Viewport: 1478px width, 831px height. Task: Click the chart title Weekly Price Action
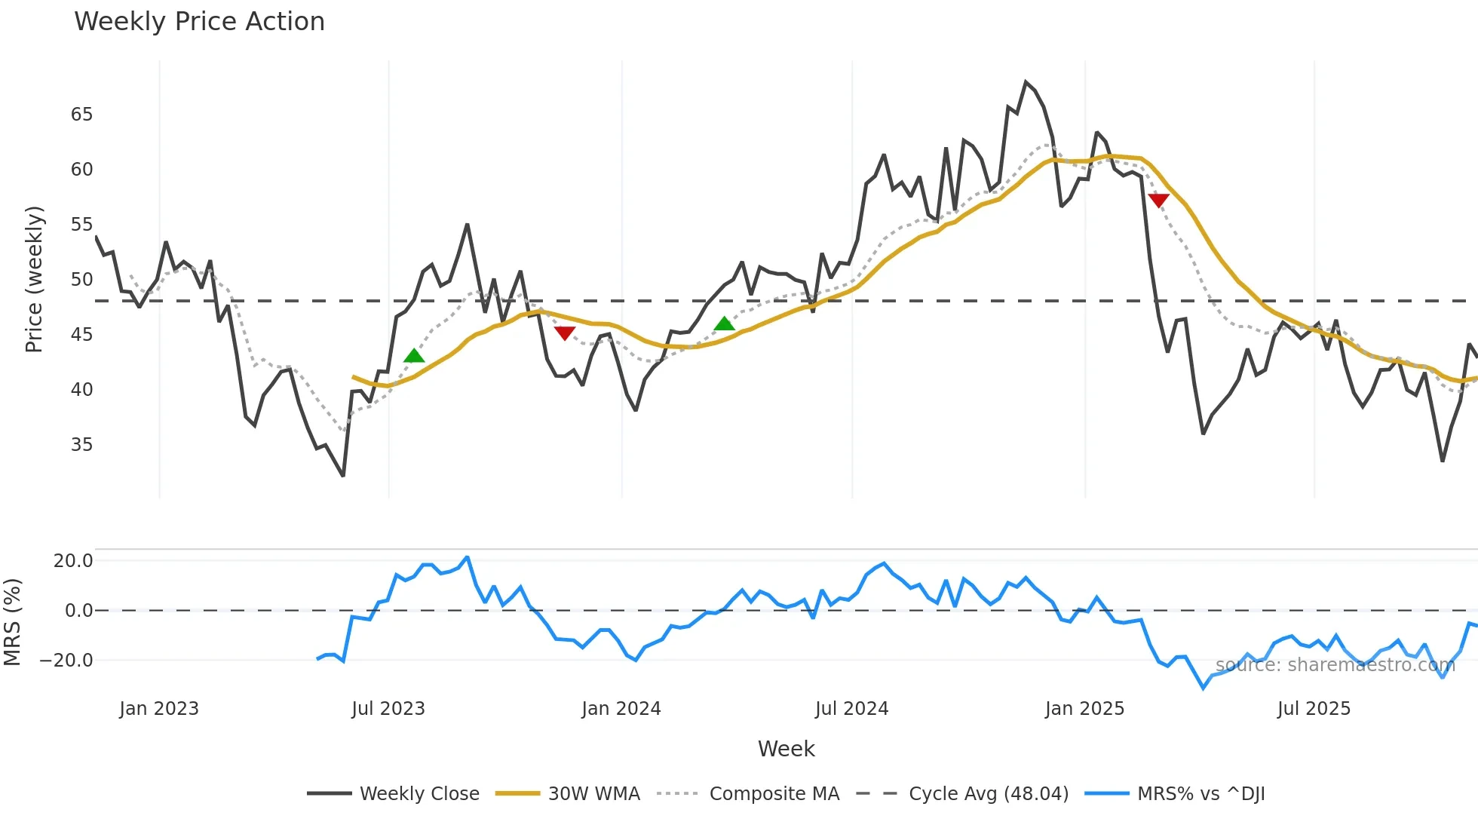[x=199, y=22]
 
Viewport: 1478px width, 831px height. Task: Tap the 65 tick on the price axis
[x=81, y=115]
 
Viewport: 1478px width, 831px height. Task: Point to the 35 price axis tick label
[x=81, y=445]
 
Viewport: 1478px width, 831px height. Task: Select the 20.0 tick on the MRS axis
[x=73, y=561]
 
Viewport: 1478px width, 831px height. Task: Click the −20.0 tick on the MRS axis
[x=66, y=661]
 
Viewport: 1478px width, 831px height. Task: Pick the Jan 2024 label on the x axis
[x=621, y=709]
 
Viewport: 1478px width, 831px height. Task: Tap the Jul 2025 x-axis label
[x=1314, y=709]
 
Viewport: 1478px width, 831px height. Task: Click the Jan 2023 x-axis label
[x=159, y=709]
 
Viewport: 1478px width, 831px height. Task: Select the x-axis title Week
[x=786, y=749]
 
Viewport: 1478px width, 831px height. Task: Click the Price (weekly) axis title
[x=35, y=279]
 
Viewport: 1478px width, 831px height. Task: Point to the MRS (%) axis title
[x=12, y=622]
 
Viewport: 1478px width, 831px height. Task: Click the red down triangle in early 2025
[x=1158, y=201]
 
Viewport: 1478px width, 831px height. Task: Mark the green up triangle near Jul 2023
[x=414, y=356]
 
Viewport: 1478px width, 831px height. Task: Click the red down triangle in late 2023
[x=564, y=333]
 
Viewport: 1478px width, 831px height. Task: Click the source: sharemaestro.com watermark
[x=1335, y=665]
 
